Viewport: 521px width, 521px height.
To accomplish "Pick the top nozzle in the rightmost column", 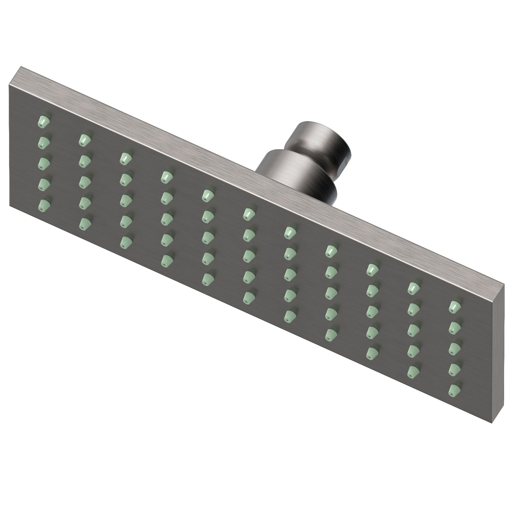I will coord(455,306).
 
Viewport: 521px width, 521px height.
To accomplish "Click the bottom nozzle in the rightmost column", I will coord(455,389).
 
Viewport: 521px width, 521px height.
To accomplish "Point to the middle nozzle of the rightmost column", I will coord(455,347).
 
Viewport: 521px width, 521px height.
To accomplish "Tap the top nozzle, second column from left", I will coord(84,139).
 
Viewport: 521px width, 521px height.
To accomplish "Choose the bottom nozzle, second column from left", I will coord(84,222).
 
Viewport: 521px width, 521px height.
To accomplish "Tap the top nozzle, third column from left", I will coord(125,158).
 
